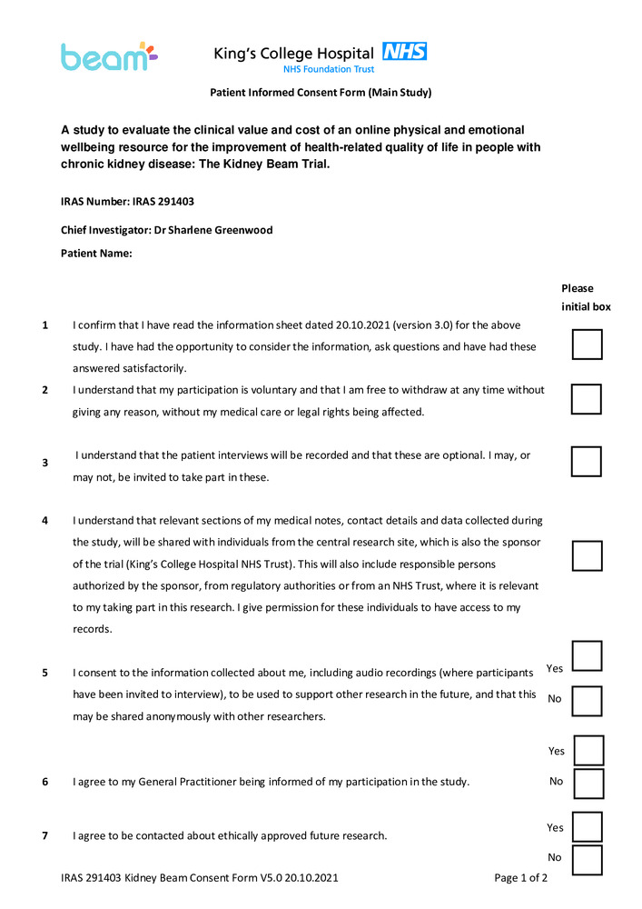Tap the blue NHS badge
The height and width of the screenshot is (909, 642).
pos(404,51)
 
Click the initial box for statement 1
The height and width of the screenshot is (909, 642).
pos(587,345)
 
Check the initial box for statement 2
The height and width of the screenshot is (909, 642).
pos(587,399)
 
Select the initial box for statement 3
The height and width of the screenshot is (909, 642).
pos(587,461)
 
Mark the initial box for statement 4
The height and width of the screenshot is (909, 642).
pos(587,555)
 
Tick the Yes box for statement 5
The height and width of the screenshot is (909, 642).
pos(587,656)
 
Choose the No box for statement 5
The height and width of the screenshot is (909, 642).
pos(587,701)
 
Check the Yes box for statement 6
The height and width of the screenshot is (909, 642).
pos(588,751)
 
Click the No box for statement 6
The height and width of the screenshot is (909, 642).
pos(588,784)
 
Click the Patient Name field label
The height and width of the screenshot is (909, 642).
pos(96,254)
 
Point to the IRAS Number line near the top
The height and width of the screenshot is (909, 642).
pos(127,201)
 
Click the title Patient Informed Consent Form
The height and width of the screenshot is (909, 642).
pos(321,93)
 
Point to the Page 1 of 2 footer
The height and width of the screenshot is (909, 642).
pos(520,878)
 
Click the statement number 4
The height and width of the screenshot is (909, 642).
pos(44,521)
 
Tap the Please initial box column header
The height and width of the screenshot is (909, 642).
pos(586,297)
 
